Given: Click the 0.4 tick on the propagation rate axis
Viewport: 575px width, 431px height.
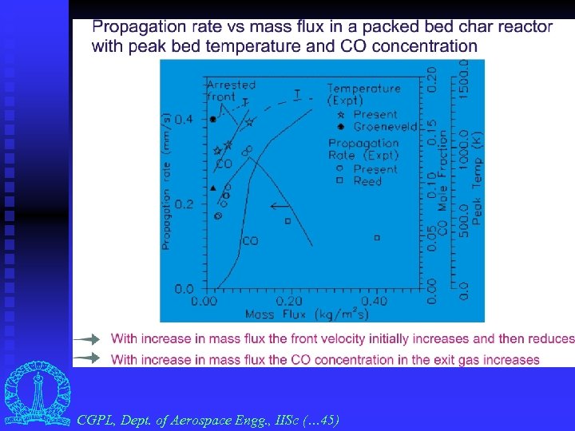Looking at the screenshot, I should tap(183, 119).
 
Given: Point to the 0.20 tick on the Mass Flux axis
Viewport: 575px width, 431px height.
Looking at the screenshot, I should tap(289, 302).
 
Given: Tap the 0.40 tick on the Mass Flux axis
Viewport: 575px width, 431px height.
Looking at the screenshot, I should tap(374, 302).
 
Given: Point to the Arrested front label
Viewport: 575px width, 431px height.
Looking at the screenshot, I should tap(231, 90).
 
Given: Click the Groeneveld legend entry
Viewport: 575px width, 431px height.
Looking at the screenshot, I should tap(375, 127).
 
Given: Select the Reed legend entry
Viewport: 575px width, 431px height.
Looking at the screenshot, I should tap(367, 181).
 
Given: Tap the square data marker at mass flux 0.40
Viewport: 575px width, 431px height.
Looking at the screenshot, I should tap(378, 237).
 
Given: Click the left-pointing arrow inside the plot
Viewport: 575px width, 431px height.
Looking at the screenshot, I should tap(280, 206).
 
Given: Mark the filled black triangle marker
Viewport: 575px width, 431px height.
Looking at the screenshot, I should tap(212, 188).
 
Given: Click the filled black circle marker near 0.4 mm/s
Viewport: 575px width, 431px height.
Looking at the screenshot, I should tap(212, 119).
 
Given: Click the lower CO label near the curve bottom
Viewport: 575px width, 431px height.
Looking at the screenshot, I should tap(250, 240).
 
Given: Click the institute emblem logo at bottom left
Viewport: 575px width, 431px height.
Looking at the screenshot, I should tap(37, 396).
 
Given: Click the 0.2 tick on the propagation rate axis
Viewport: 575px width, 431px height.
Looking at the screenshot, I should tap(183, 204).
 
